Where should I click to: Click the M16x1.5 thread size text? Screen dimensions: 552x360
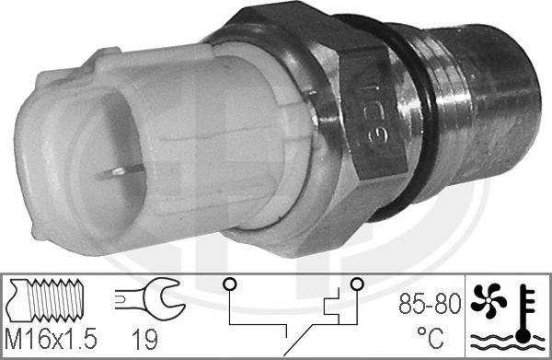click(x=51, y=339)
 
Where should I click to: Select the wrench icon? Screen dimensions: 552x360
click(x=151, y=298)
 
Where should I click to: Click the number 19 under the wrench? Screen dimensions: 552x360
click(x=144, y=339)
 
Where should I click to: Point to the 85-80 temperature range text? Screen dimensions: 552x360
click(x=430, y=304)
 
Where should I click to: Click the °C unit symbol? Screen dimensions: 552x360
click(x=431, y=337)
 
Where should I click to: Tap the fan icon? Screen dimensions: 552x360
click(x=489, y=300)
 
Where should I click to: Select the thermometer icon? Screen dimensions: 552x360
click(x=523, y=313)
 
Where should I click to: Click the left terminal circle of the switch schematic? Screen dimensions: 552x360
click(x=229, y=284)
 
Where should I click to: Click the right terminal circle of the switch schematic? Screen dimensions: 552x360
click(x=357, y=284)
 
